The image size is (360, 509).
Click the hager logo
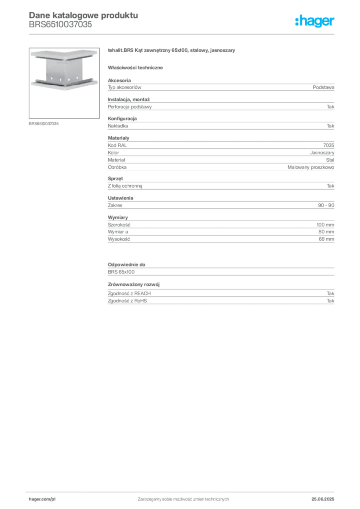click(315, 21)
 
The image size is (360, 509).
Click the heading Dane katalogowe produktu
click(84, 15)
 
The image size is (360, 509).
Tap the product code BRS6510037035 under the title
click(60, 25)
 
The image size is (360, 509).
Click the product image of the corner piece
click(64, 83)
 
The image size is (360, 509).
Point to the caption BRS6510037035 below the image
click(44, 124)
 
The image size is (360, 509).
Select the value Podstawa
click(323, 87)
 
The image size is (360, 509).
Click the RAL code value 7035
click(329, 145)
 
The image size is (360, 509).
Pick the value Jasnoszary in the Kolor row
click(322, 152)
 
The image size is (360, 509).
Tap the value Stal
click(330, 160)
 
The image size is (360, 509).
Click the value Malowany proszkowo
click(311, 167)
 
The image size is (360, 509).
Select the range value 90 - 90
click(326, 205)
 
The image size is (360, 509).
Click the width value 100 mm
click(325, 225)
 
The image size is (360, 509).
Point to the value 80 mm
click(326, 232)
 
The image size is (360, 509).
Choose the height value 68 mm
click(326, 239)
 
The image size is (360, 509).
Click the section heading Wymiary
click(118, 218)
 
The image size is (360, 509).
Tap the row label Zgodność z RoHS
click(127, 301)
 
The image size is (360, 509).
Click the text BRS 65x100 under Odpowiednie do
click(121, 272)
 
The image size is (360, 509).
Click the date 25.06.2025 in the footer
click(323, 499)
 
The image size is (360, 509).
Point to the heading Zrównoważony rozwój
click(134, 284)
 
